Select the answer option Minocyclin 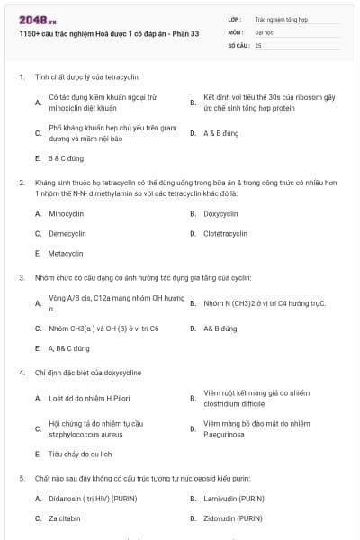coord(67,214)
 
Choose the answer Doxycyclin coord(220,214)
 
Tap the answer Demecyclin coord(67,234)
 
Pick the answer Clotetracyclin coord(225,234)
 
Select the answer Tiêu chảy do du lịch coord(80,454)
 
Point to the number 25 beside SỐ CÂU coord(258,44)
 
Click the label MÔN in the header coord(235,31)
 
